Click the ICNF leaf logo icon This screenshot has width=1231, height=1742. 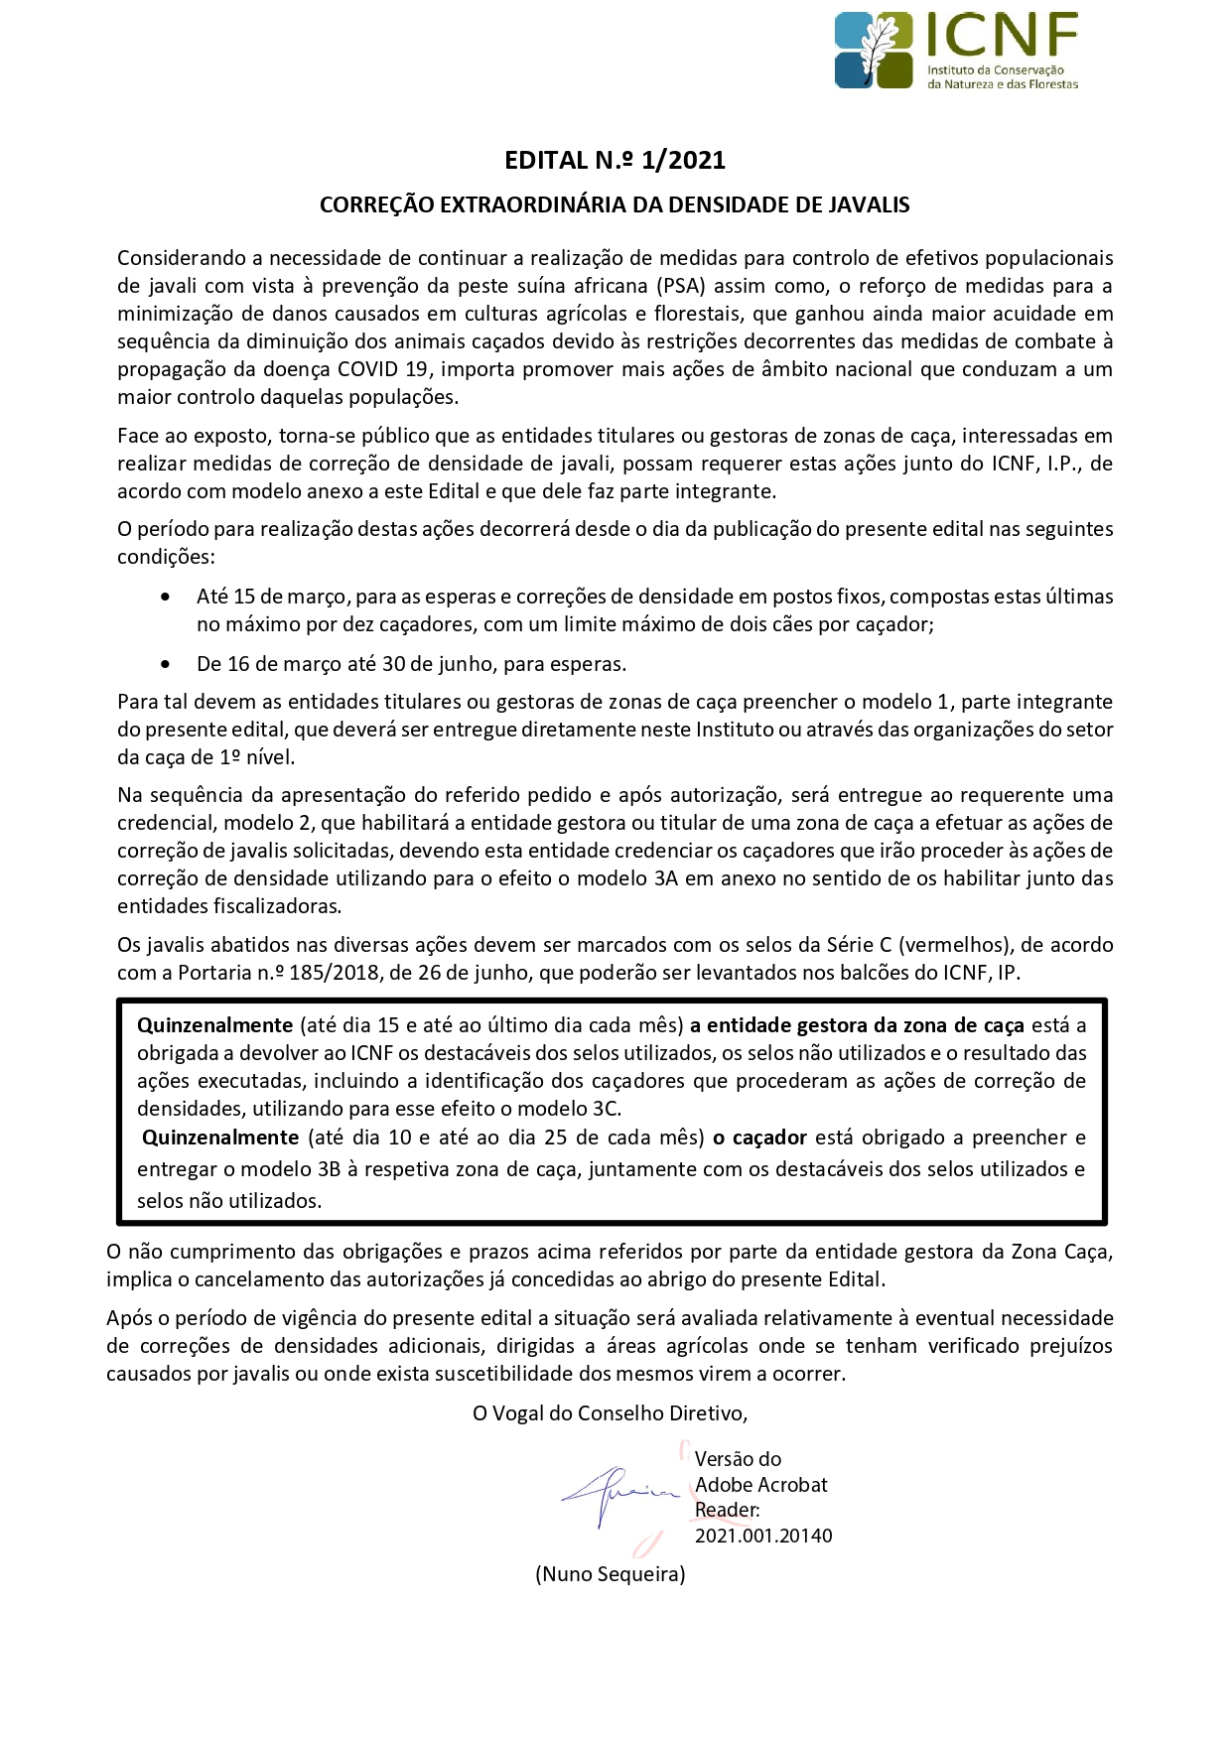[874, 50]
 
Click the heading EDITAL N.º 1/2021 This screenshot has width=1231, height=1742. [615, 160]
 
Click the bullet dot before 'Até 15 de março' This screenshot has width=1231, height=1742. [165, 598]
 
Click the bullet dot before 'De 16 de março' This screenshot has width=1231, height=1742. [165, 665]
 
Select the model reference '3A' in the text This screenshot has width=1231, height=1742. [665, 878]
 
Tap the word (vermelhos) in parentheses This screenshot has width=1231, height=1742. [949, 945]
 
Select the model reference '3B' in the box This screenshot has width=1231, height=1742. [330, 1169]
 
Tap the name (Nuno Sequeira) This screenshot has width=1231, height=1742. [611, 1574]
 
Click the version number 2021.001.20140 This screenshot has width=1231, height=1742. [763, 1537]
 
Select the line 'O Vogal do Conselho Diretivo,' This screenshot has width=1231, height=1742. [610, 1413]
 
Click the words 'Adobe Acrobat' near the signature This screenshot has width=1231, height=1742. [761, 1485]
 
